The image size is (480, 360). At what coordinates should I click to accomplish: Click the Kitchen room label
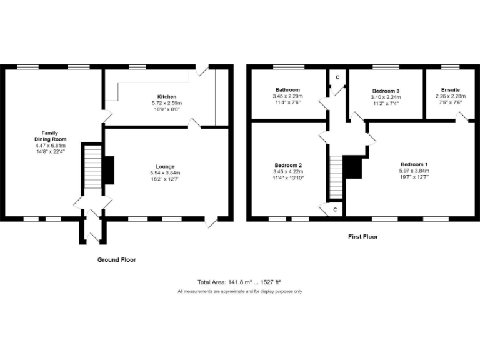click(166, 96)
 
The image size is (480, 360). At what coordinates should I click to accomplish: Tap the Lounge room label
click(166, 166)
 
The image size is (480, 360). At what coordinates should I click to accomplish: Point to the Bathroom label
click(287, 90)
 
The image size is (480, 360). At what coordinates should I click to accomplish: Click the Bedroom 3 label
click(386, 91)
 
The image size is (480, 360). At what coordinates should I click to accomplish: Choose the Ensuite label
click(450, 90)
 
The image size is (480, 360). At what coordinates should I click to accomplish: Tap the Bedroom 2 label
click(287, 165)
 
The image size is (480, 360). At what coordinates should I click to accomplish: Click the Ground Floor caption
click(116, 259)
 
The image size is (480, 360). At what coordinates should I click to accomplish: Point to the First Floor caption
click(362, 237)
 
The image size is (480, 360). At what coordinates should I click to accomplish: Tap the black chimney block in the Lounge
click(108, 170)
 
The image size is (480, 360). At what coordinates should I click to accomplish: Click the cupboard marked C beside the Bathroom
click(337, 77)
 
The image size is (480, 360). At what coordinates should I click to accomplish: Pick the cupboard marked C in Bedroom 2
click(335, 209)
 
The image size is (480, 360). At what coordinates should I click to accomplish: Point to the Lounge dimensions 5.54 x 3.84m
click(166, 173)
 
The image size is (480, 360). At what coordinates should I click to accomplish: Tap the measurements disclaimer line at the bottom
click(239, 291)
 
